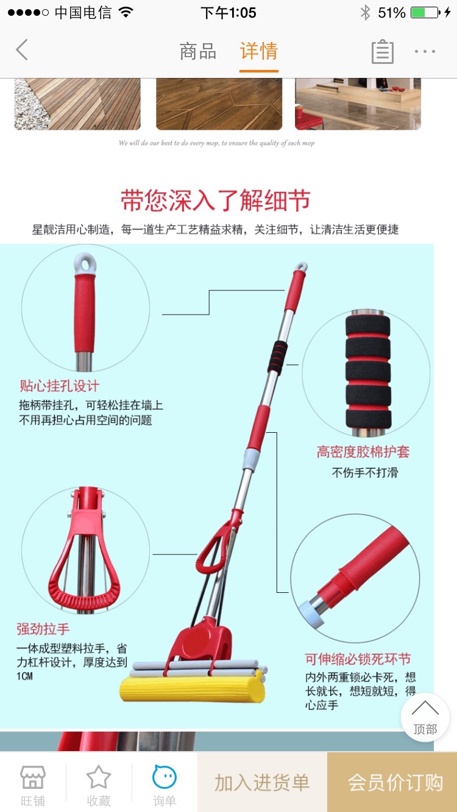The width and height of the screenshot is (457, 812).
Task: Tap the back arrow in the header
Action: [x=22, y=50]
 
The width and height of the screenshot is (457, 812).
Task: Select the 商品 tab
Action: [x=198, y=51]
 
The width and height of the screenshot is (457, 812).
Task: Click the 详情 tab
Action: [x=259, y=51]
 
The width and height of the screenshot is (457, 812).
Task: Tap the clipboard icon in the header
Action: [x=383, y=52]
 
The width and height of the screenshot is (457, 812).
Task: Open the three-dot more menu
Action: [x=425, y=52]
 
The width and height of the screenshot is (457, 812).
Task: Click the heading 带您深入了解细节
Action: [x=216, y=200]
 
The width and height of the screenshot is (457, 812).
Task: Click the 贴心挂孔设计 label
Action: [x=60, y=386]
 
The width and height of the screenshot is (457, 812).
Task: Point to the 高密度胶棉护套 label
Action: [x=363, y=452]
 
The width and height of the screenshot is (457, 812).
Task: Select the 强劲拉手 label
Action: [x=43, y=629]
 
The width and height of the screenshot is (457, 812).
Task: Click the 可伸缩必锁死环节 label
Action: [x=358, y=659]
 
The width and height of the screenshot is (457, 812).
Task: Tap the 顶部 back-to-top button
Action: [x=425, y=718]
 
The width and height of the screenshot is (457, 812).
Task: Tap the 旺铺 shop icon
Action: [x=33, y=777]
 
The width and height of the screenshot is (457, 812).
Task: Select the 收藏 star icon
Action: [x=98, y=777]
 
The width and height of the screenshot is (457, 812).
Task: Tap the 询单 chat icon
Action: [x=165, y=777]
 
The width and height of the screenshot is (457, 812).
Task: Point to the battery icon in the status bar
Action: [x=425, y=13]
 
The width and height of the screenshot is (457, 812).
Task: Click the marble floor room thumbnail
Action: [x=358, y=104]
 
